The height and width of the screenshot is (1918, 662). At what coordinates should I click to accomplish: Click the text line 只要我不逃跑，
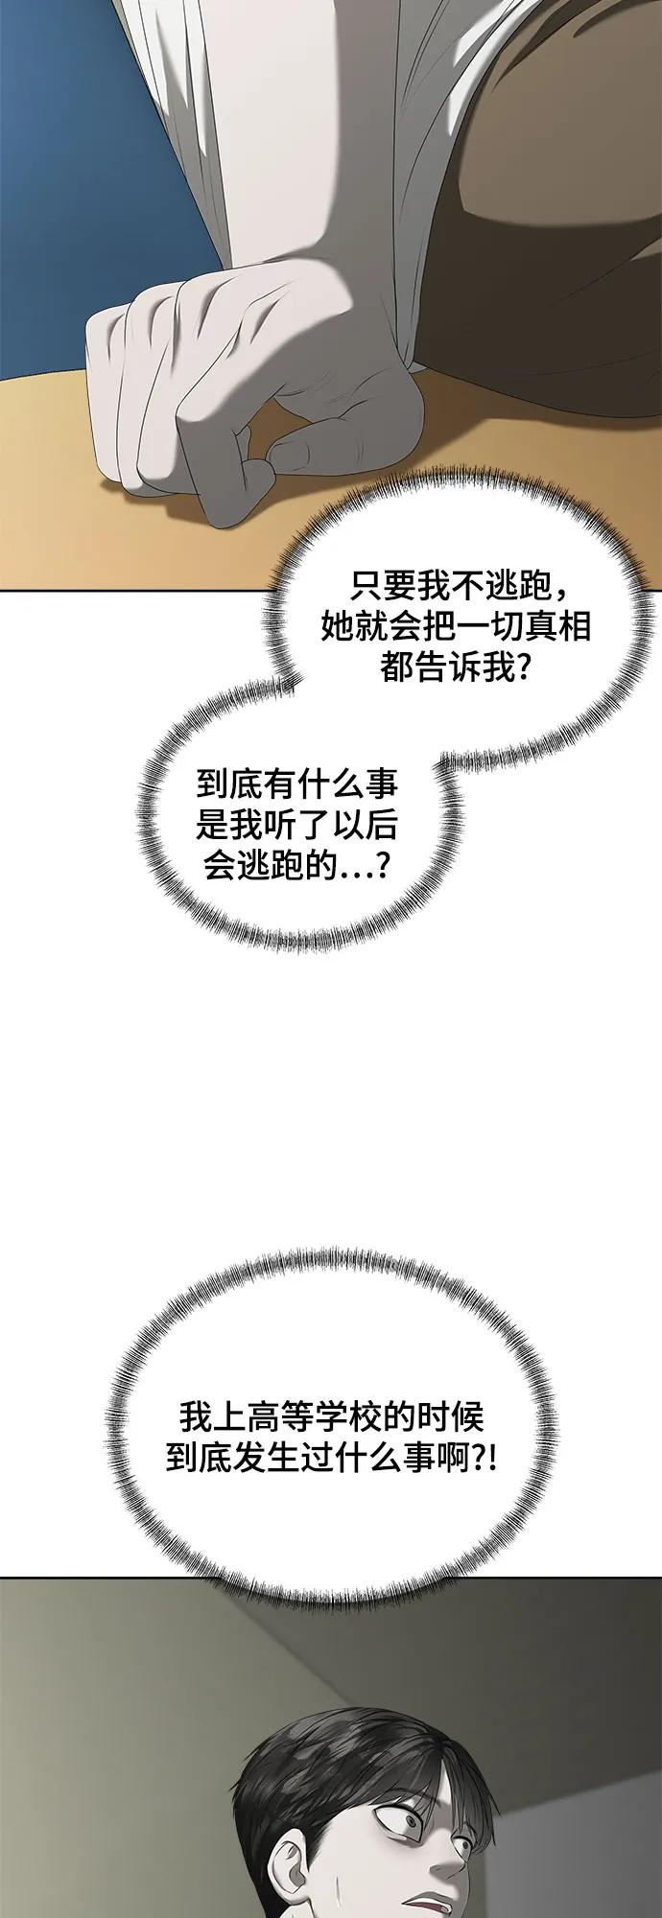tap(459, 585)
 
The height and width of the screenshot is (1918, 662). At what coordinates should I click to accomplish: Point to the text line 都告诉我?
tap(457, 667)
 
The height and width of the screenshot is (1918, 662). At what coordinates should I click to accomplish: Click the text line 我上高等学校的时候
tap(332, 1416)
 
